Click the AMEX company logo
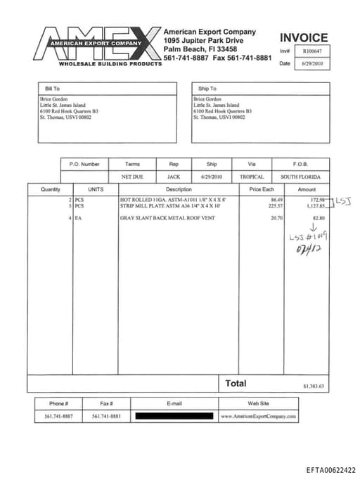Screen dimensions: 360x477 (x=98, y=44)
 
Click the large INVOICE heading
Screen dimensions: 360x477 (x=303, y=38)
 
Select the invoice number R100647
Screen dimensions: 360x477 (x=312, y=51)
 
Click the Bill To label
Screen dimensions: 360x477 (x=52, y=89)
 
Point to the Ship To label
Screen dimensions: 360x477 (x=207, y=89)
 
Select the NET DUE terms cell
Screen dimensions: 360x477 (x=132, y=177)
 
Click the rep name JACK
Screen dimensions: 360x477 (x=174, y=177)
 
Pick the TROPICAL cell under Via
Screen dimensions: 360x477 (x=252, y=177)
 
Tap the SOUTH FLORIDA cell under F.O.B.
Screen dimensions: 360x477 (x=300, y=177)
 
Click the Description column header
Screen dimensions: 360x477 (x=179, y=189)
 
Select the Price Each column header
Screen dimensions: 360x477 (x=261, y=189)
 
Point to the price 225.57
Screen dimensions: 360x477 (x=276, y=206)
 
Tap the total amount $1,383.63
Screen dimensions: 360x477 (x=313, y=386)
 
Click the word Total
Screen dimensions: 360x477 (x=236, y=383)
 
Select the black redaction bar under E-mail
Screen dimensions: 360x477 (x=174, y=416)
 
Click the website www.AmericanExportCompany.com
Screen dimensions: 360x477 (x=258, y=416)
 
